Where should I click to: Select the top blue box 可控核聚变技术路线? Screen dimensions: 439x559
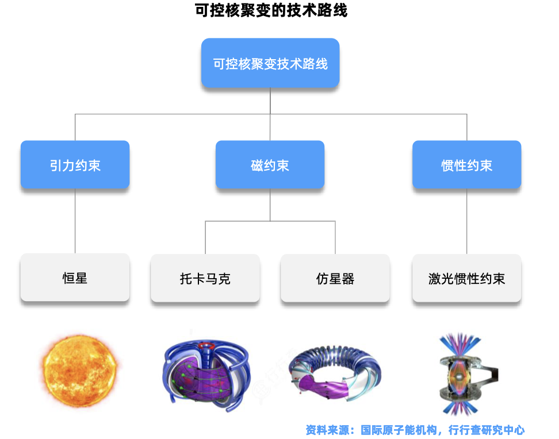(270, 63)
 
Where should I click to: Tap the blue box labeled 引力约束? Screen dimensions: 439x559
(75, 165)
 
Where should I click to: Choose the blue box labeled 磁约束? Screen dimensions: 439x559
(270, 165)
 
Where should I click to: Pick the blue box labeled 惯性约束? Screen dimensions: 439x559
(466, 165)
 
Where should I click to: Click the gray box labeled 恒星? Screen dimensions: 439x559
(75, 279)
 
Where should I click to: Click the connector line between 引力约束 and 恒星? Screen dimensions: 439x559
(75, 221)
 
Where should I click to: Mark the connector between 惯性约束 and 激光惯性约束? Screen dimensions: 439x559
(466, 221)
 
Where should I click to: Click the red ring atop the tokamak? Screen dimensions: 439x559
(203, 346)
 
